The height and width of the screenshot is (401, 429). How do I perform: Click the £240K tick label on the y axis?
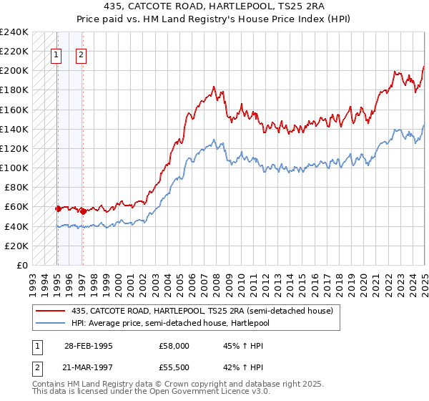tap(14, 32)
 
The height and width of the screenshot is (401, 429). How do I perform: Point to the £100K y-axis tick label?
tap(14, 168)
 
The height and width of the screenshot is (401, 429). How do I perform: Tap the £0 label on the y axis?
tap(21, 265)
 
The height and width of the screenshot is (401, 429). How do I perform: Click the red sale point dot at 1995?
tap(58, 208)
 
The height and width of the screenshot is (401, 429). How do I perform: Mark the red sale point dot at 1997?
tap(83, 211)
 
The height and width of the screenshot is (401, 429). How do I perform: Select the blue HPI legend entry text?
tap(189, 322)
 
